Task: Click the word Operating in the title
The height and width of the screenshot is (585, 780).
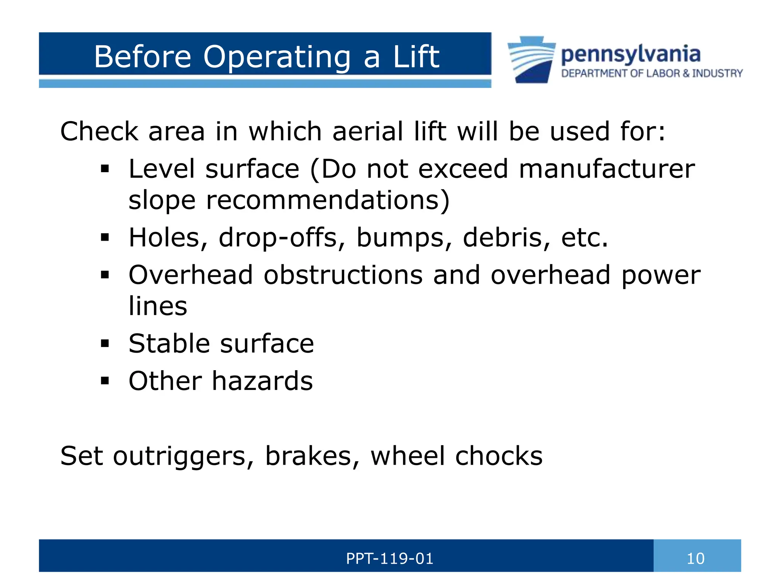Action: [277, 57]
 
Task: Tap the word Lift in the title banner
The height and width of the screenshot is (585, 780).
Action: [416, 57]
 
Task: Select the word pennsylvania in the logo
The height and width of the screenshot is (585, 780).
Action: [630, 54]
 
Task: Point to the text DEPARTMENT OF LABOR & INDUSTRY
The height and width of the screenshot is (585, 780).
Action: [652, 73]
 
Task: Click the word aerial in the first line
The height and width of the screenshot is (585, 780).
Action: [367, 131]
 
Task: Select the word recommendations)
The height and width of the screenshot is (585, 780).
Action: [328, 200]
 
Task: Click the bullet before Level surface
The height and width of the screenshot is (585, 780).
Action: [105, 169]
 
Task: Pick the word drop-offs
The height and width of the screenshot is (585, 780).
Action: [278, 237]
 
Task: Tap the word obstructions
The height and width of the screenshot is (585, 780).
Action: [343, 275]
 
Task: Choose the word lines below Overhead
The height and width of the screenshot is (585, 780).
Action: [158, 306]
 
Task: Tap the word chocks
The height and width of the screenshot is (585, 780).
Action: [499, 456]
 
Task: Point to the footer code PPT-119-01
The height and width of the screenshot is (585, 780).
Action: [390, 559]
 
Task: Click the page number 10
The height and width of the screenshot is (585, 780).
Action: [695, 559]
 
